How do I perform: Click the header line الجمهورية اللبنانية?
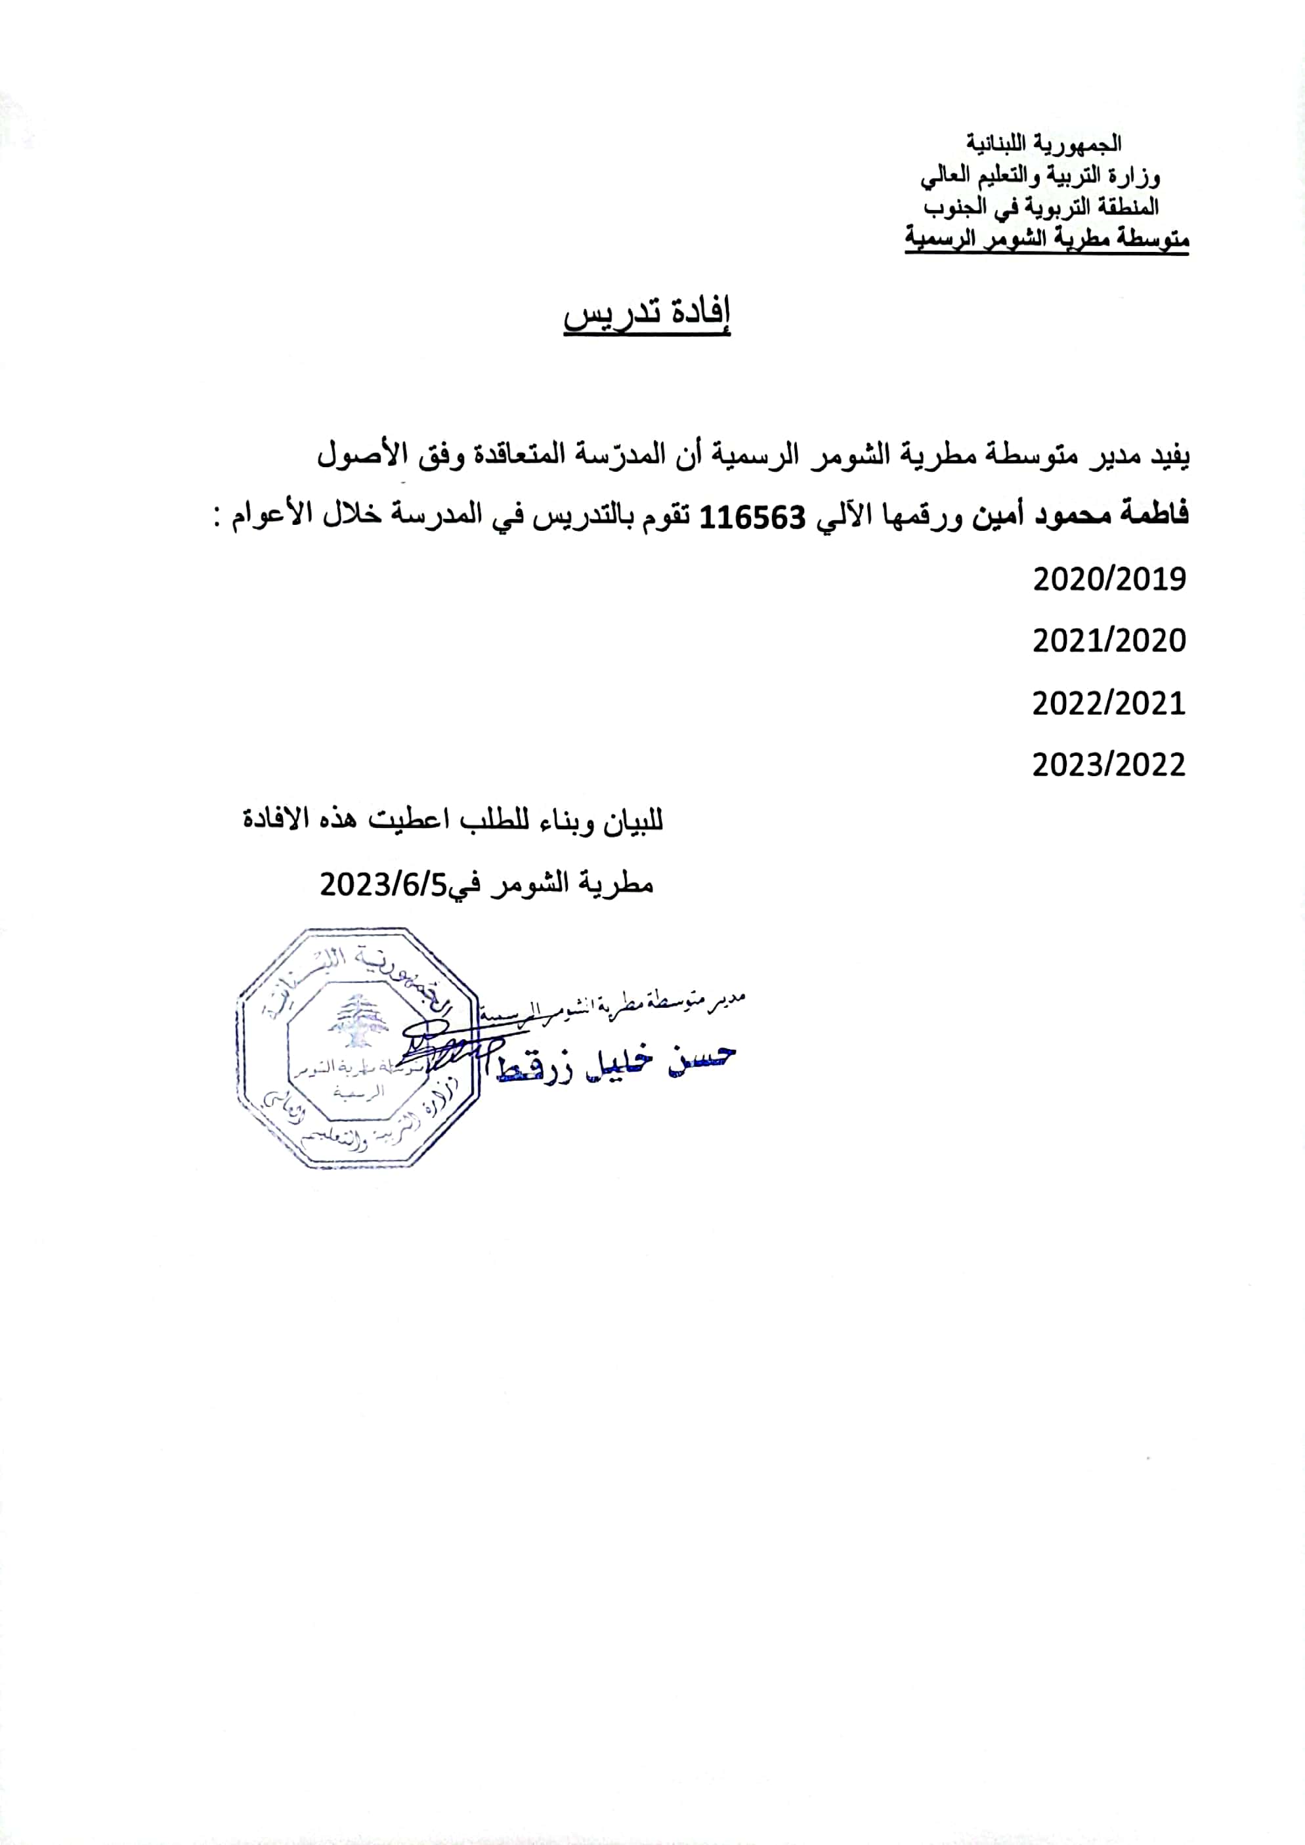(x=1044, y=144)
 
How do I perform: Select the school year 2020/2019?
(x=1109, y=579)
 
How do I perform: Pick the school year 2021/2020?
(x=1109, y=640)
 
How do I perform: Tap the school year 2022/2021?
(x=1109, y=703)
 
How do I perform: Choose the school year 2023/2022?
(x=1109, y=765)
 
